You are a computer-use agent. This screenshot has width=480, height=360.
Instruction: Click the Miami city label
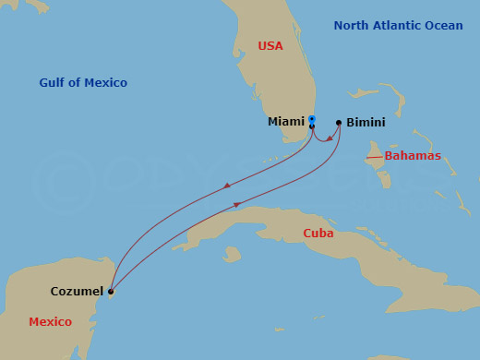click(x=285, y=122)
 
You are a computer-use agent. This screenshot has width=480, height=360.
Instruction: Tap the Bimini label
click(x=366, y=122)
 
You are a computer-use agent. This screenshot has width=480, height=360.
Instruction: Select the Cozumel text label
click(x=77, y=292)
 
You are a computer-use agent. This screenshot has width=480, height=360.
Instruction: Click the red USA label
click(x=270, y=45)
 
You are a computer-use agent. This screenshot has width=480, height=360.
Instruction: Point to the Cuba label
click(x=318, y=234)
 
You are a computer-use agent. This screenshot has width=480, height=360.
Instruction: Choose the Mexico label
click(x=50, y=322)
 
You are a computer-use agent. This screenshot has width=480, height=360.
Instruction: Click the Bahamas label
click(x=413, y=156)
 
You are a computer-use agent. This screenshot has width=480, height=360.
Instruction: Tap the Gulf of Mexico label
click(x=83, y=83)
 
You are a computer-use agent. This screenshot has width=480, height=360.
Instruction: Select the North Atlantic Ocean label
click(x=398, y=26)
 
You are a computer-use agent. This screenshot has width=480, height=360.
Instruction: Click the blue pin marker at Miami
click(x=312, y=120)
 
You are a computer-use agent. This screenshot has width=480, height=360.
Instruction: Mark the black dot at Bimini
click(x=339, y=122)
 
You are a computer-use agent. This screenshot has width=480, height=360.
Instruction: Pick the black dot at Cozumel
click(x=110, y=292)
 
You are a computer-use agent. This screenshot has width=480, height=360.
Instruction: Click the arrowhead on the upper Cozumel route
click(x=227, y=187)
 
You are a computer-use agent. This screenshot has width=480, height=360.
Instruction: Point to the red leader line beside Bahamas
click(x=374, y=158)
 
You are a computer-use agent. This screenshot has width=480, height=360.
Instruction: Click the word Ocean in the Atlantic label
click(x=441, y=26)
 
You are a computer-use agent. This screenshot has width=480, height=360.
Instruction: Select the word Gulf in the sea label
click(x=53, y=83)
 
